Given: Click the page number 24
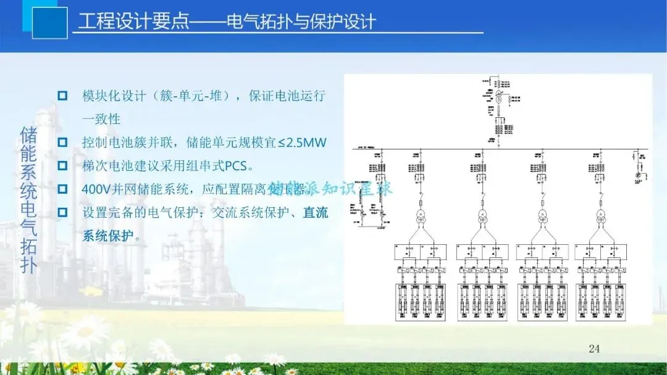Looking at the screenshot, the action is (594, 349).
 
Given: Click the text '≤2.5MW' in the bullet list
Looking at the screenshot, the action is (302, 142).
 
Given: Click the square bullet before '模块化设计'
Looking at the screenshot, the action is (62, 96).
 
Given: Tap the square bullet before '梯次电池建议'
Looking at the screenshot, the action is (62, 165).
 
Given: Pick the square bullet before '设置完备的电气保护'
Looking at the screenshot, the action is (62, 213).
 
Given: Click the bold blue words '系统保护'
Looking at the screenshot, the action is (107, 236).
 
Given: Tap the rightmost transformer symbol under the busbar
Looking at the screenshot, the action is (600, 215).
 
